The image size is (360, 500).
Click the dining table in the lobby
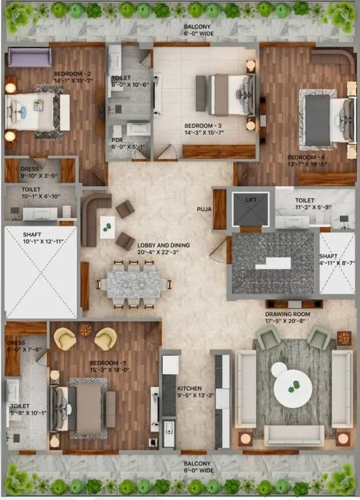133,284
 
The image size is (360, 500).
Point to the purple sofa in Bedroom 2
29,57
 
